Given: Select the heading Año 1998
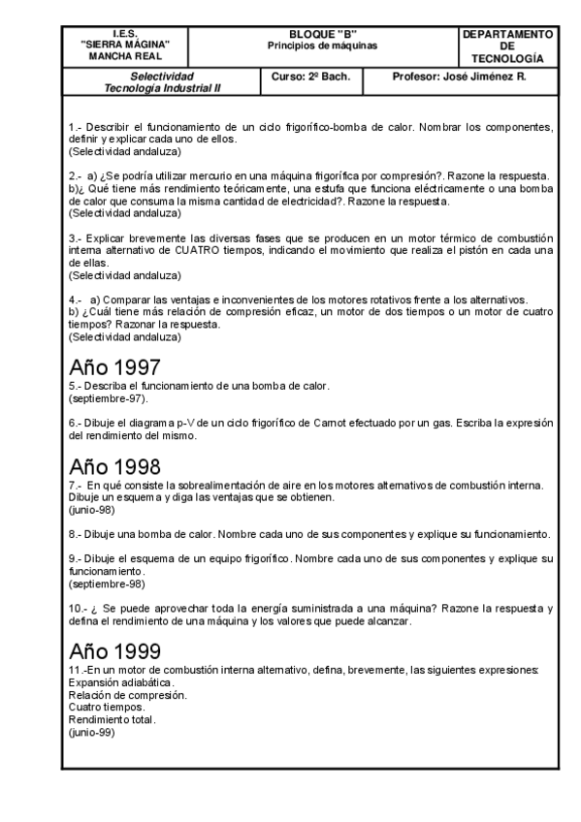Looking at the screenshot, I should tap(114, 466).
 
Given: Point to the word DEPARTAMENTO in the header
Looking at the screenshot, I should tap(508, 34).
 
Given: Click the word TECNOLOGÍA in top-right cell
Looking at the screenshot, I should tap(508, 58).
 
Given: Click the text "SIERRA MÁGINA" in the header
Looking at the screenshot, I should tap(126, 46).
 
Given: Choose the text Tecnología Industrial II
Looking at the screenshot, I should tap(162, 87).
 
